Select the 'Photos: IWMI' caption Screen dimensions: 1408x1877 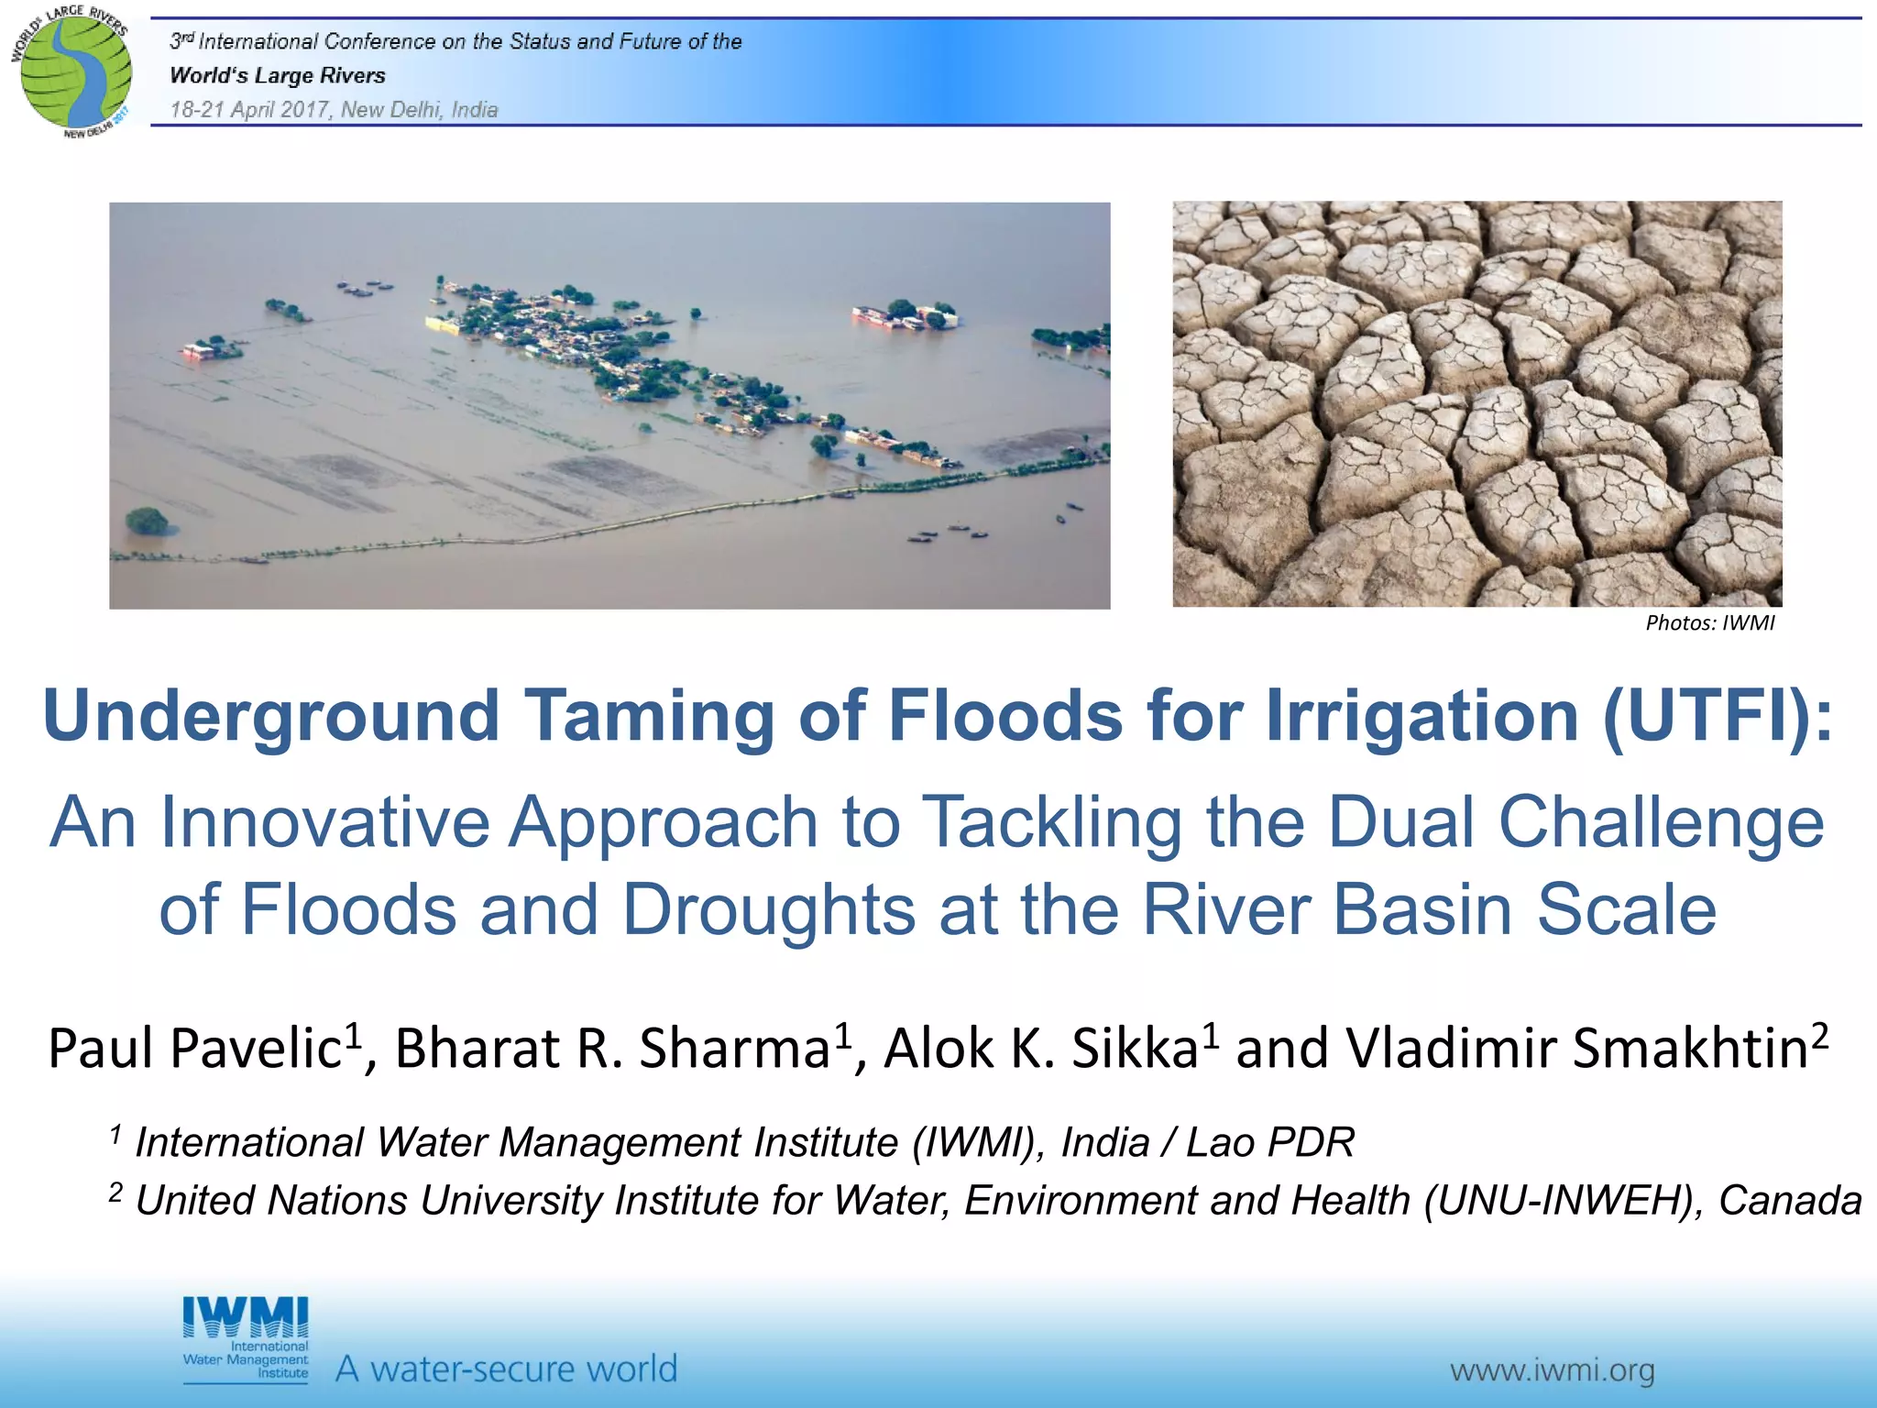coord(1709,623)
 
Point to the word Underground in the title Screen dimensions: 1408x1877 coord(271,716)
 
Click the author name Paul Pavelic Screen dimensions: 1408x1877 coord(194,1049)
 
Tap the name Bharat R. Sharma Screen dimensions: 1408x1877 coord(612,1049)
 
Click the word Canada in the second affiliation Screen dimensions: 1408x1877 coord(1789,1201)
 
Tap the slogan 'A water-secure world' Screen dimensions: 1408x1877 coord(506,1369)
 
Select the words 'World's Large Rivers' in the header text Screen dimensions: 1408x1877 coord(278,76)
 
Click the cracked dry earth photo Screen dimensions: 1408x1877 coord(1476,404)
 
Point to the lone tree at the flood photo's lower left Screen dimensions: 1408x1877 coord(147,522)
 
